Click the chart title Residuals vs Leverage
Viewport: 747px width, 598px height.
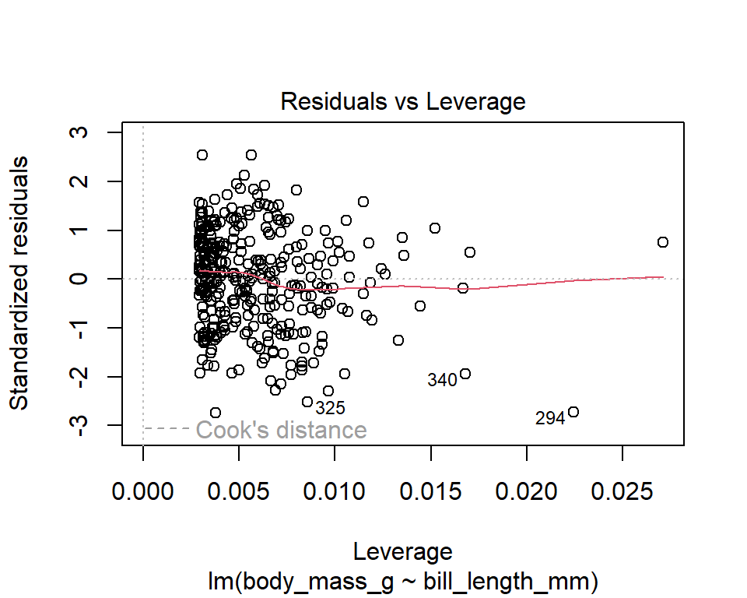tap(402, 101)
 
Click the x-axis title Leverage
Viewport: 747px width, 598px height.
tap(402, 551)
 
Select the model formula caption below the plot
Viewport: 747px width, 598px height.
tap(402, 581)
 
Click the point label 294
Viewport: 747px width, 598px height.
tap(550, 419)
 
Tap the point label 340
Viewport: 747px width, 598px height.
tap(442, 381)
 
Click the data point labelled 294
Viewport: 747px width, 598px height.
tap(573, 412)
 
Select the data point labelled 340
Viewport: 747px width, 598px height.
tap(465, 374)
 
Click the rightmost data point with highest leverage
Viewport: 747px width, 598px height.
tap(663, 242)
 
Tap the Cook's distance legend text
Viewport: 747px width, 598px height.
tap(281, 430)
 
